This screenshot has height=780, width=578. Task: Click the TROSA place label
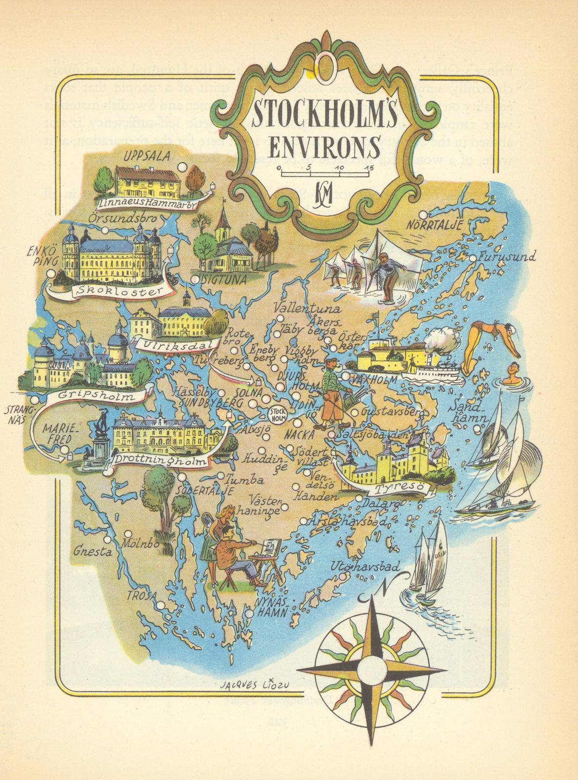tap(142, 595)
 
